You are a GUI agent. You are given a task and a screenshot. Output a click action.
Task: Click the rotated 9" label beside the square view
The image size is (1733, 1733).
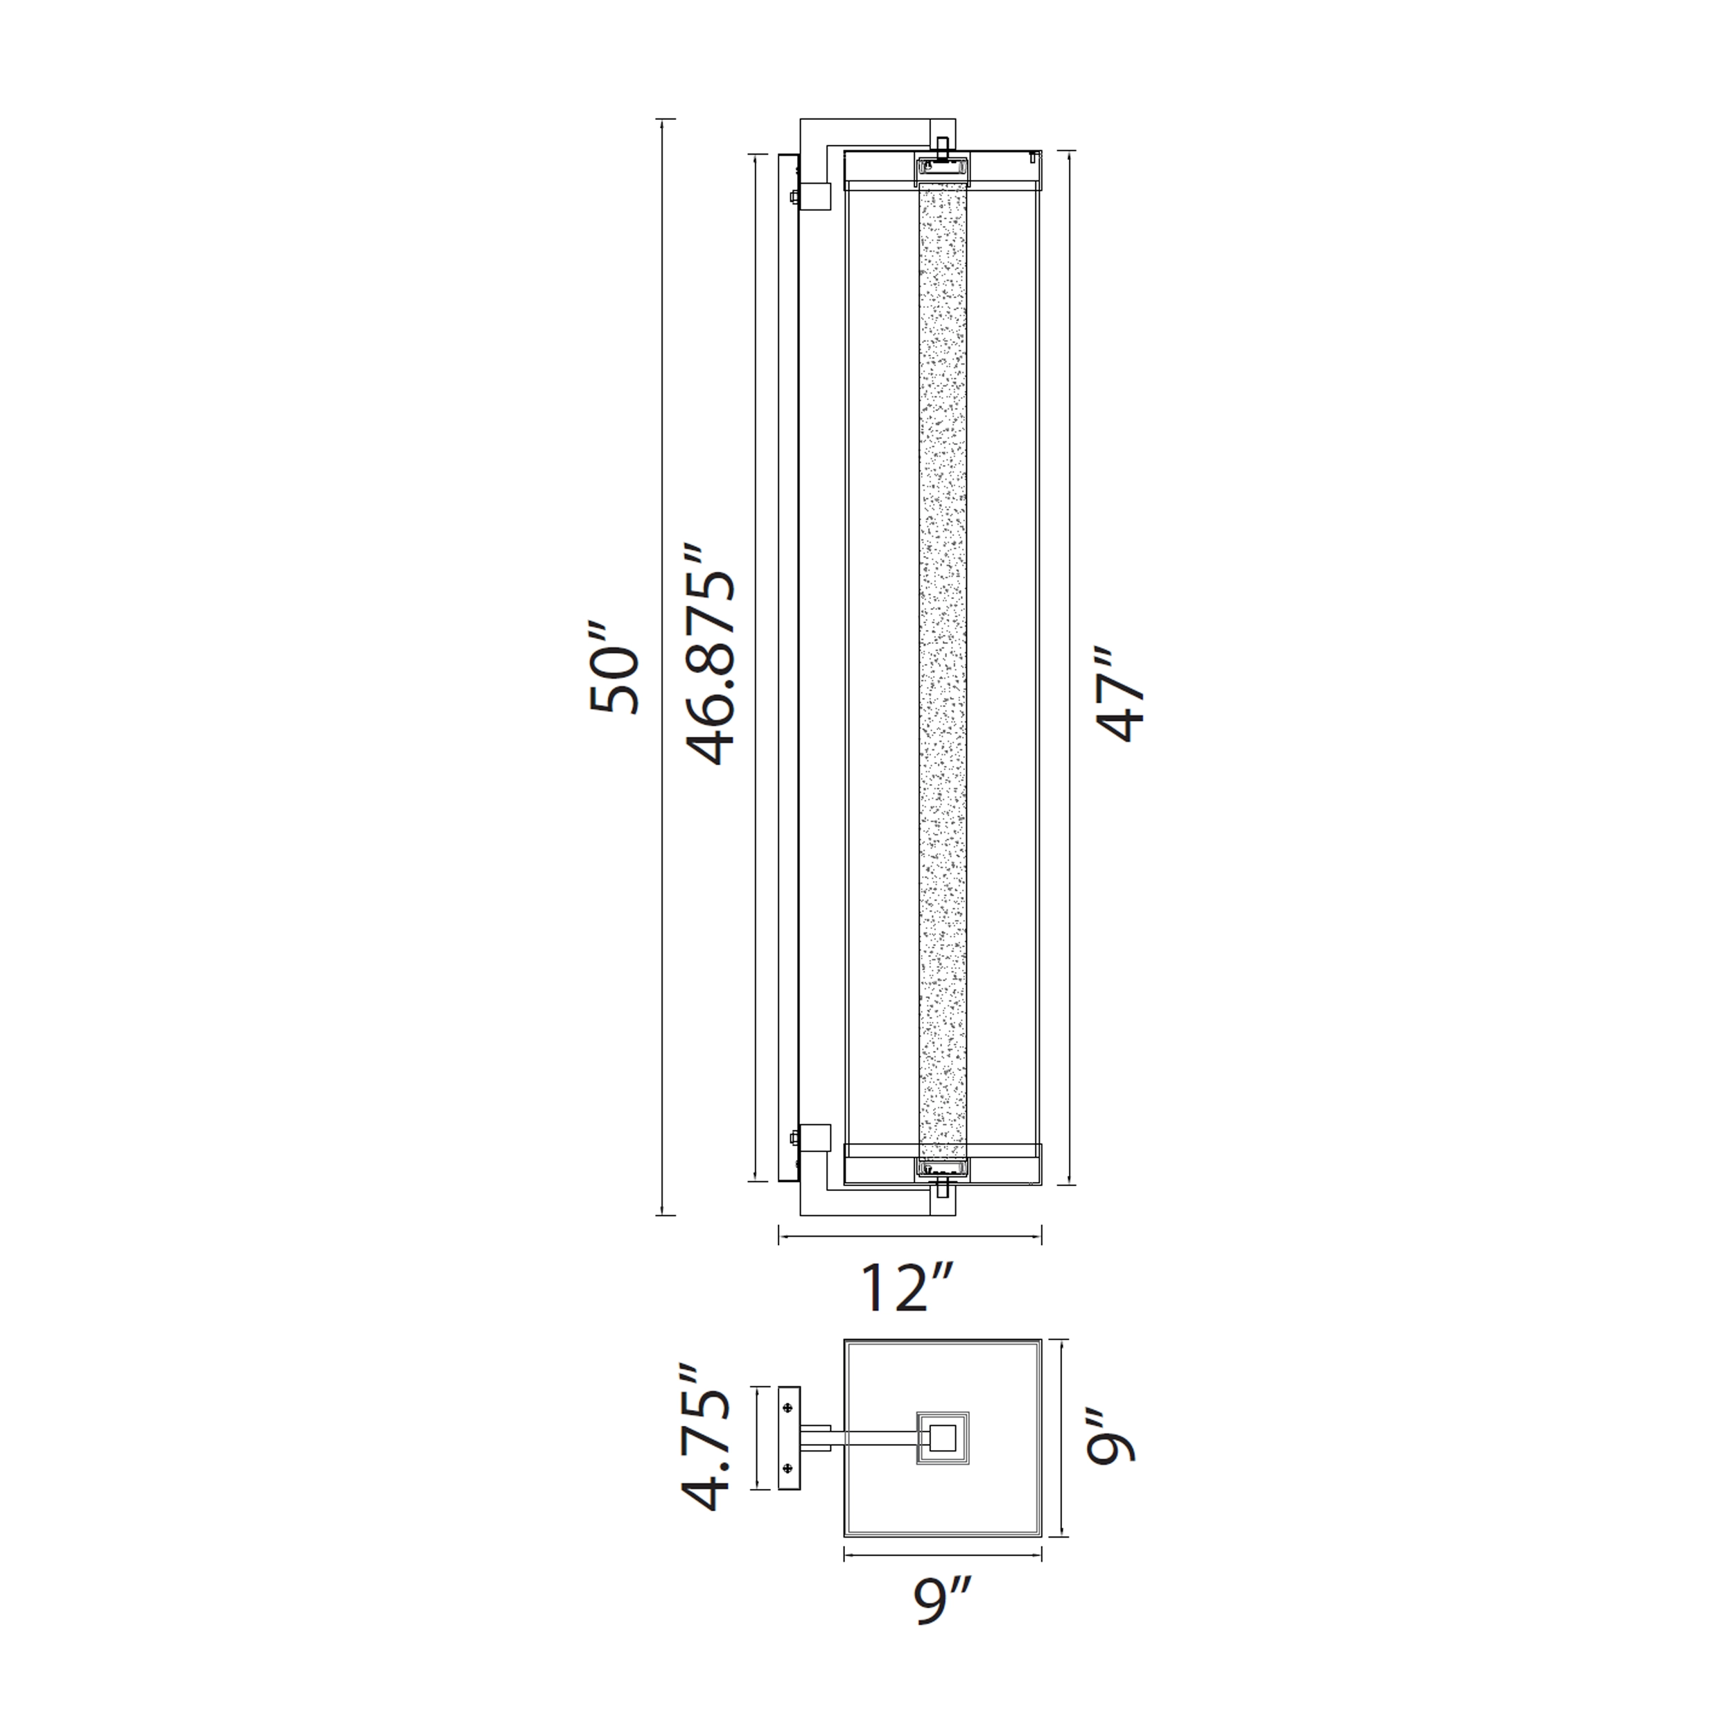pos(1111,1449)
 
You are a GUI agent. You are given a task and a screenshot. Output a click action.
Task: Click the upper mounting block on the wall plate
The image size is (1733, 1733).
pos(817,196)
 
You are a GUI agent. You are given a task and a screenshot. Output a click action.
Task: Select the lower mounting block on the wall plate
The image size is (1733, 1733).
pos(817,1138)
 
